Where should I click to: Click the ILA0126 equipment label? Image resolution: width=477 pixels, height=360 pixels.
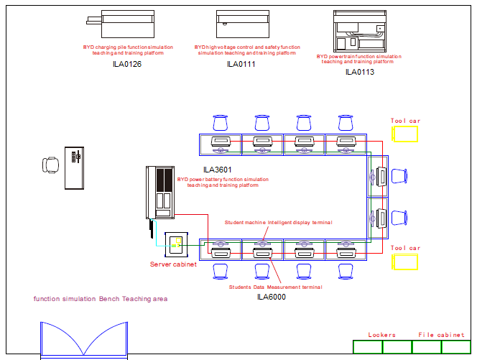[x=127, y=65]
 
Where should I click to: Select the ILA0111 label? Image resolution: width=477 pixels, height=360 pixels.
[x=241, y=65]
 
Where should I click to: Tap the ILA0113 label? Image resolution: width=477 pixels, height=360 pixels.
[x=360, y=72]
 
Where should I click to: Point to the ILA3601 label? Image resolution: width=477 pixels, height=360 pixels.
[x=217, y=170]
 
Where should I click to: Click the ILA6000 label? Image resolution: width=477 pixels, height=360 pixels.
[x=272, y=296]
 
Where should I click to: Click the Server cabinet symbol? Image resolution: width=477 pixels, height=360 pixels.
[x=176, y=245]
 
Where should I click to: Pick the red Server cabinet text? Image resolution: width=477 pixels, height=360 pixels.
[x=173, y=265]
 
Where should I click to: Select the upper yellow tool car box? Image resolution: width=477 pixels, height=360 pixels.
[x=405, y=134]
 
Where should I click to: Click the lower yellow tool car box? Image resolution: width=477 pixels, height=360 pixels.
[x=405, y=262]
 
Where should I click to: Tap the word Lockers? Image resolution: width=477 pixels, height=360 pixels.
[x=382, y=335]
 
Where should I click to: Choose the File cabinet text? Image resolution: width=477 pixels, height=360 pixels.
[x=441, y=335]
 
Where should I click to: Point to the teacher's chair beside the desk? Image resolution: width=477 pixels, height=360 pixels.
[x=50, y=165]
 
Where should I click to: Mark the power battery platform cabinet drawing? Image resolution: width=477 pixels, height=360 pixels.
[x=160, y=193]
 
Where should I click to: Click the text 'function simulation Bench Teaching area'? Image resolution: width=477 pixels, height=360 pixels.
[x=101, y=298]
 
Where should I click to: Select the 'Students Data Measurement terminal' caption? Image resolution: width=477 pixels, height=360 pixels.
[x=275, y=287]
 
